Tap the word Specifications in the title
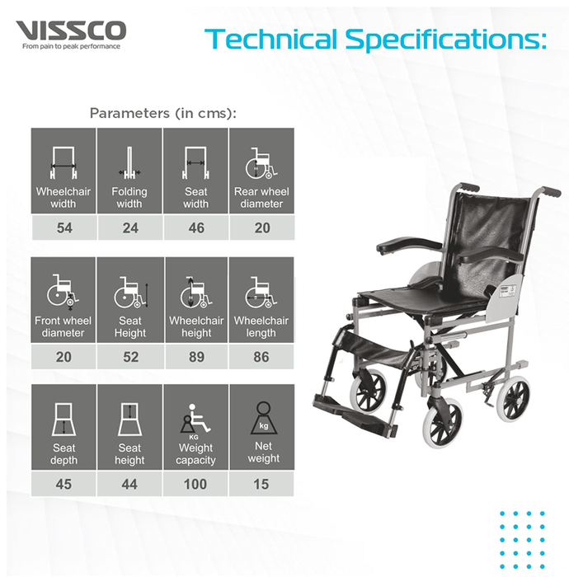pos(445,40)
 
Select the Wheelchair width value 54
pos(64,228)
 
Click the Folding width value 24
pos(130,228)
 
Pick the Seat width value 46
pos(196,228)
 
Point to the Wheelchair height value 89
pos(196,357)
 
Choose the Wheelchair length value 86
pos(261,357)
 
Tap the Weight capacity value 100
pos(195,484)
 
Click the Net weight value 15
pos(261,484)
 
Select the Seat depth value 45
pos(63,484)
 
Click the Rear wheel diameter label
pos(261,198)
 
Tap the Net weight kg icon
pos(264,418)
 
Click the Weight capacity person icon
pos(195,421)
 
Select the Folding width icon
pos(129,163)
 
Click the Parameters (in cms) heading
pos(163,113)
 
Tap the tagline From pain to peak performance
pos(71,46)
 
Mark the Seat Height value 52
pos(130,357)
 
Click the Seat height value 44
pos(129,484)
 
